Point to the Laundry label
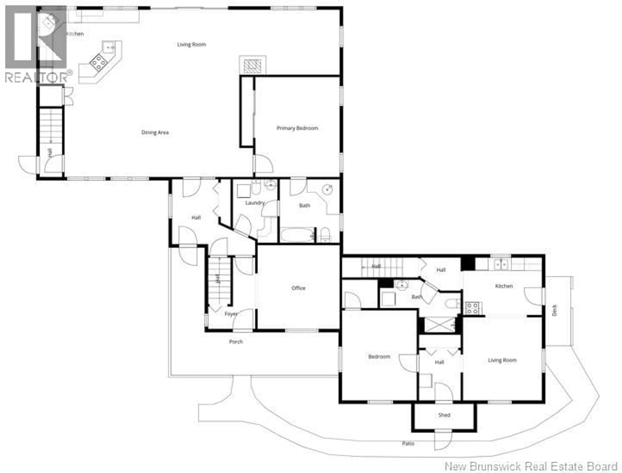click(x=255, y=203)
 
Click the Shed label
click(x=444, y=415)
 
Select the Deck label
click(x=554, y=310)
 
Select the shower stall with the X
click(x=439, y=325)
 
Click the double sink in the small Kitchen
click(x=502, y=265)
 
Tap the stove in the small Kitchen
click(x=472, y=308)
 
